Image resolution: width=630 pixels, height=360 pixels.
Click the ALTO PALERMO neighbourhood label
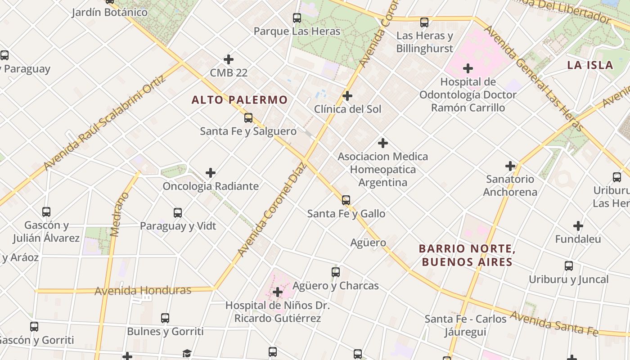tap(239, 100)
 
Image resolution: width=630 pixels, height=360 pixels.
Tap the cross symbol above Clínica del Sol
tap(347, 96)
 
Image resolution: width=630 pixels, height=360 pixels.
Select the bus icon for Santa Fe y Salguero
tap(248, 118)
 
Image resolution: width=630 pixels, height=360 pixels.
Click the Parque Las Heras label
tap(297, 31)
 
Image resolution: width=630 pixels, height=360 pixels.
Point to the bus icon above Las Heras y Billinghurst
tap(424, 22)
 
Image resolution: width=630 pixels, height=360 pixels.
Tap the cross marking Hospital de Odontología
tap(468, 68)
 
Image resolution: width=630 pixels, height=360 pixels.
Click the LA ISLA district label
tap(590, 65)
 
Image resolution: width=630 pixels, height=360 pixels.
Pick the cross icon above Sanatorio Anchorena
tap(510, 166)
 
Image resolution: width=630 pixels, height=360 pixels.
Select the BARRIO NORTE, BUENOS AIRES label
tap(467, 255)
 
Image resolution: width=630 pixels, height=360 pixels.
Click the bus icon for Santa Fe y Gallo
tap(346, 200)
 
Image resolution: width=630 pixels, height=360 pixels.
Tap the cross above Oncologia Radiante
tap(211, 173)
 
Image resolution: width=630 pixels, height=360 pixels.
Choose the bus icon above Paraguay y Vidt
tap(178, 213)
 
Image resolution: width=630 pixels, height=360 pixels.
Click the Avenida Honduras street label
tap(143, 291)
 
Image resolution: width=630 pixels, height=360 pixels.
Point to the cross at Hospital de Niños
tap(278, 292)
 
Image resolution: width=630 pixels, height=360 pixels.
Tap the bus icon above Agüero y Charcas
tap(335, 272)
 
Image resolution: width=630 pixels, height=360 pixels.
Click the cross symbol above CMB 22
tap(229, 59)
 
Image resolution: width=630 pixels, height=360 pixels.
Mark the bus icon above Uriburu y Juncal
tap(569, 266)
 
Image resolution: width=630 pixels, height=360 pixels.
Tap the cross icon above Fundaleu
tap(578, 226)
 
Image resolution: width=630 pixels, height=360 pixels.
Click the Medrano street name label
tap(115, 214)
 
